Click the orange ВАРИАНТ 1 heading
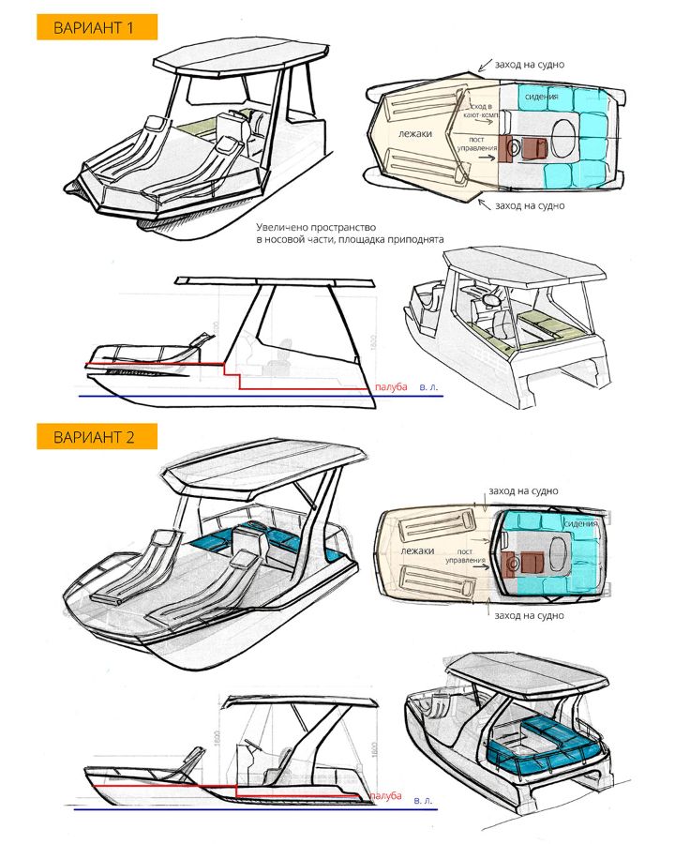point(96,26)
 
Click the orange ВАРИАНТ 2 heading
point(96,436)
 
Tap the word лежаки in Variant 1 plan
point(414,134)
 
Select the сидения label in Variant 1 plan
point(541,97)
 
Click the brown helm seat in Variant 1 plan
point(512,146)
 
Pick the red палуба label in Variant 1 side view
point(390,386)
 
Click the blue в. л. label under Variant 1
point(428,386)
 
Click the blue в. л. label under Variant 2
point(422,801)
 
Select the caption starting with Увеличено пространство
point(349,234)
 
